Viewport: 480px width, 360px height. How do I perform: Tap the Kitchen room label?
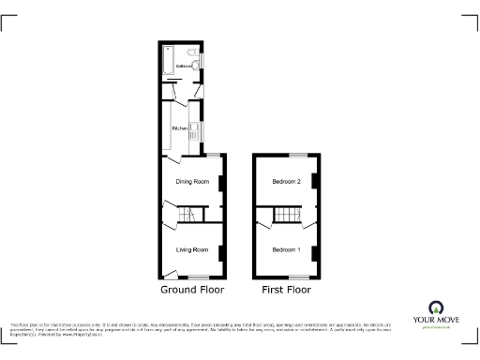[x=175, y=127]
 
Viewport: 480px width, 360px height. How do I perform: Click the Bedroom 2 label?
[x=286, y=182]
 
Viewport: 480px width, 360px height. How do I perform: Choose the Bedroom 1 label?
[x=286, y=249]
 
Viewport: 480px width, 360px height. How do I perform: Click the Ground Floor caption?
[x=191, y=291]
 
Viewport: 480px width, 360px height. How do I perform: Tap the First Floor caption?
[x=285, y=291]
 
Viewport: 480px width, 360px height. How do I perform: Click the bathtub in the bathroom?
[x=167, y=61]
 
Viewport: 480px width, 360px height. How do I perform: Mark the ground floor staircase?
[x=185, y=217]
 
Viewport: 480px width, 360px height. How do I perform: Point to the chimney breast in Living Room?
[x=222, y=251]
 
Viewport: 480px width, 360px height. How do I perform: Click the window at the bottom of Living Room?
[x=198, y=278]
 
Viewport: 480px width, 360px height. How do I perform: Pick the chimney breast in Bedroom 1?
[x=316, y=251]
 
